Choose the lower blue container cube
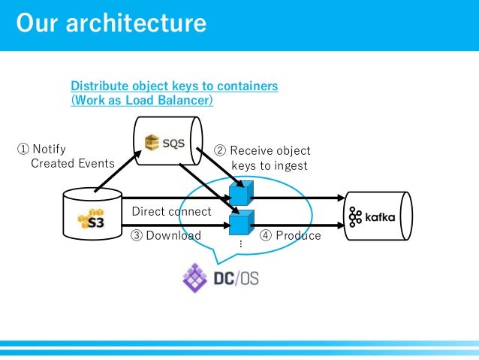coord(239,223)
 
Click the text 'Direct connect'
coord(171,211)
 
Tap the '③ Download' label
coord(166,235)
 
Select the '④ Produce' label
coord(290,235)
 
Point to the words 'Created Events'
coord(72,163)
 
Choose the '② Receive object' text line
coord(263,150)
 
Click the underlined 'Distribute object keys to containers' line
coord(174,86)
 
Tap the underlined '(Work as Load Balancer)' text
coord(142,100)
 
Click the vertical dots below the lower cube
coord(240,245)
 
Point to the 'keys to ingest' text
coord(269,165)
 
